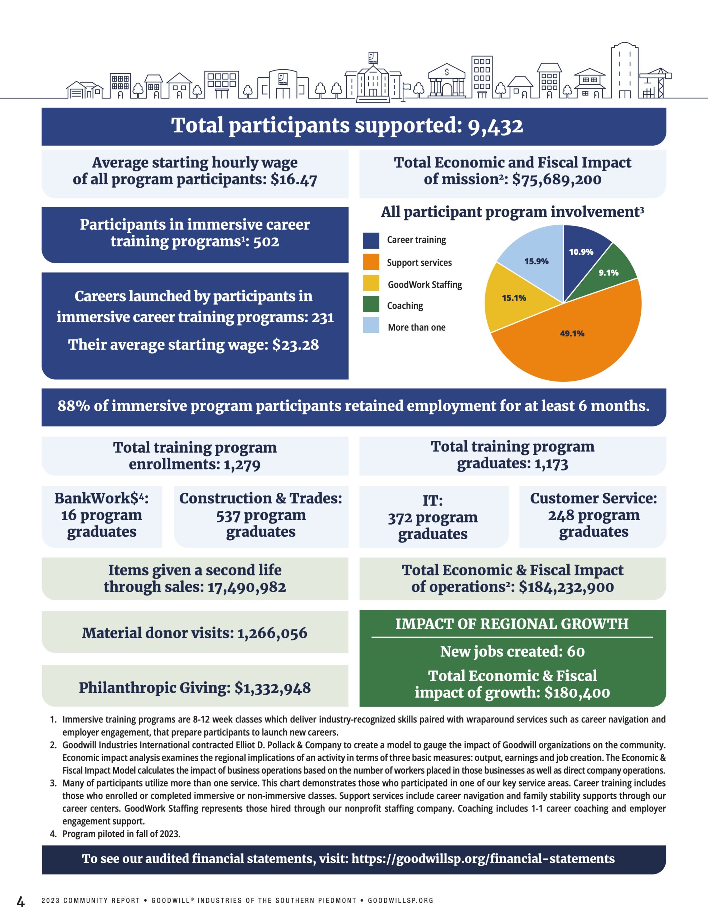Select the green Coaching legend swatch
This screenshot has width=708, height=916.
click(x=371, y=304)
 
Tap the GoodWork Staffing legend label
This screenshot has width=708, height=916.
click(x=425, y=285)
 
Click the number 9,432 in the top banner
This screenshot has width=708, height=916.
click(x=496, y=126)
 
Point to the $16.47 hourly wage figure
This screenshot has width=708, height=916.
click(x=294, y=180)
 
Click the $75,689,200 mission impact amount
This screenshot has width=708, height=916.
click(x=557, y=180)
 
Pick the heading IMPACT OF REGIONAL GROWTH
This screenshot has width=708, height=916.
click(x=512, y=624)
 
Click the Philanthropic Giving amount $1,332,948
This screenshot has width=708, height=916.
click(x=273, y=688)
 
